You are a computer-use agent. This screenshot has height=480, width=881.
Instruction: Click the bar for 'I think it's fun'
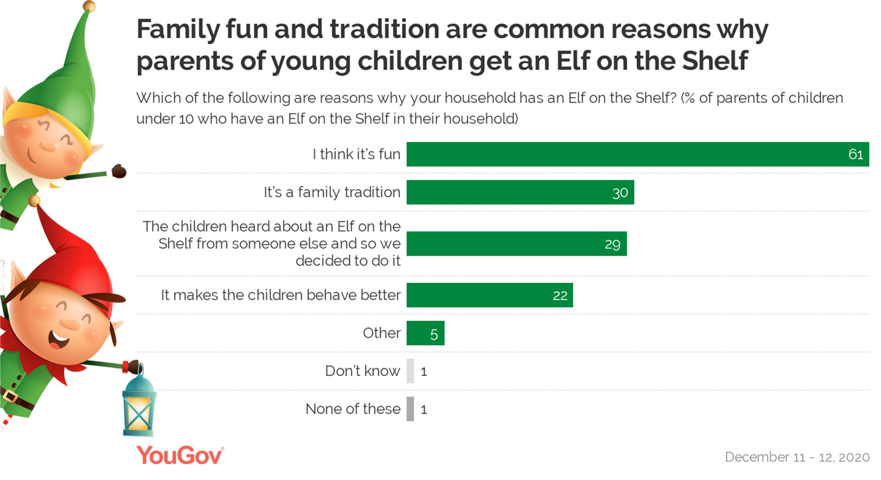click(x=637, y=155)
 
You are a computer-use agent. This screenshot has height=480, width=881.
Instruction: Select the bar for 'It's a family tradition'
click(x=520, y=193)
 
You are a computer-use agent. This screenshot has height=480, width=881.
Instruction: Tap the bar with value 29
click(x=516, y=244)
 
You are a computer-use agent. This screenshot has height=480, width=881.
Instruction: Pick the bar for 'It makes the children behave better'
click(x=489, y=295)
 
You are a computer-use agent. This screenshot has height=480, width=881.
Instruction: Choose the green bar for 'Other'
click(x=425, y=333)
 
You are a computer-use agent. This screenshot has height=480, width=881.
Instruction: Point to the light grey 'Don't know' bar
click(x=410, y=371)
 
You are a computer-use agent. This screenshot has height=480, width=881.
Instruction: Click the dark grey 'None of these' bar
click(x=410, y=409)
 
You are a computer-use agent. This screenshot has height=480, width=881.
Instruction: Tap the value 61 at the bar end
click(x=856, y=155)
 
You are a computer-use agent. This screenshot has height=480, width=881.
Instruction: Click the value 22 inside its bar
click(x=560, y=296)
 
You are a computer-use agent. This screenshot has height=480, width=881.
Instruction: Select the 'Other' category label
click(x=381, y=333)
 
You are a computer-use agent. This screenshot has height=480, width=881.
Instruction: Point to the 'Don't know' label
click(x=362, y=371)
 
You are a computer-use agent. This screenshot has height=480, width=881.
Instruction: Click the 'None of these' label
click(x=352, y=409)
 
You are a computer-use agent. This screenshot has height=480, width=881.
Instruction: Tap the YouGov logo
click(x=180, y=456)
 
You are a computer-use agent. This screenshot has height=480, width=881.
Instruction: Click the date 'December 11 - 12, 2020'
click(x=797, y=457)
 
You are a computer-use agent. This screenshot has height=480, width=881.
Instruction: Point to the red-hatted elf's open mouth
click(x=59, y=340)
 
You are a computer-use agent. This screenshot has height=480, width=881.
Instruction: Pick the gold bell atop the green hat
click(x=89, y=6)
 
